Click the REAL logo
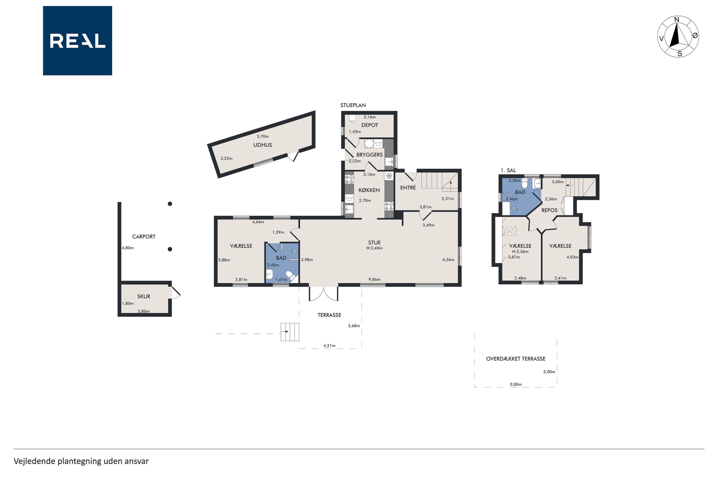(x=77, y=41)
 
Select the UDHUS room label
(x=262, y=145)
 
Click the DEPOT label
(x=369, y=125)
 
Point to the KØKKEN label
(x=369, y=190)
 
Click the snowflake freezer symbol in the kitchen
(x=389, y=176)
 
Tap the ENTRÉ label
(x=408, y=188)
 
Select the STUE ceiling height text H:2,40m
(x=374, y=248)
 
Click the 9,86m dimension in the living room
(x=374, y=279)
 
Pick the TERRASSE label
(x=329, y=315)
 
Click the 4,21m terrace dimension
(x=329, y=346)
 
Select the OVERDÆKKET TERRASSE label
(x=516, y=359)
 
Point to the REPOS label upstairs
(x=549, y=210)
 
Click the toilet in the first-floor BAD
(x=525, y=184)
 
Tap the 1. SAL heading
(x=508, y=170)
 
